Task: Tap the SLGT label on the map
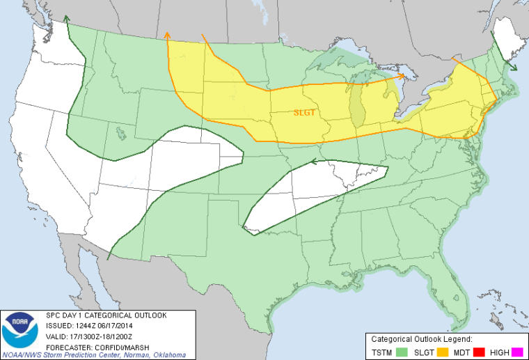304,111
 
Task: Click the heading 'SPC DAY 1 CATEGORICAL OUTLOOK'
106,315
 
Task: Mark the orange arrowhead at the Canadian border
166,34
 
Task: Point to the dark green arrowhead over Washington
66,19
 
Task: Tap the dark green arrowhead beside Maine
513,68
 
